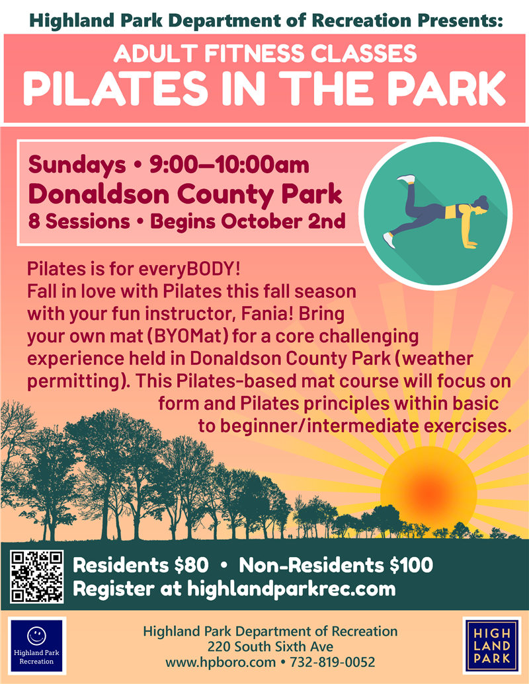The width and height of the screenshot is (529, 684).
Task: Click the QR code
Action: [36, 577]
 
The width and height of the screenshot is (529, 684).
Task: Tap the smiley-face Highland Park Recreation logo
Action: [36, 644]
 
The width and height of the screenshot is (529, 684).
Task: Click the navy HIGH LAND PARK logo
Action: [491, 644]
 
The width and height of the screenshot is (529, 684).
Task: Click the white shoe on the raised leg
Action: [406, 179]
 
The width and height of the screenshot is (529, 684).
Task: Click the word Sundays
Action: [77, 165]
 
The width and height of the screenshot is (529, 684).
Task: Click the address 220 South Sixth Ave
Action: [270, 646]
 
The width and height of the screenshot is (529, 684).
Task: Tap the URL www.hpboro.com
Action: [220, 662]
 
